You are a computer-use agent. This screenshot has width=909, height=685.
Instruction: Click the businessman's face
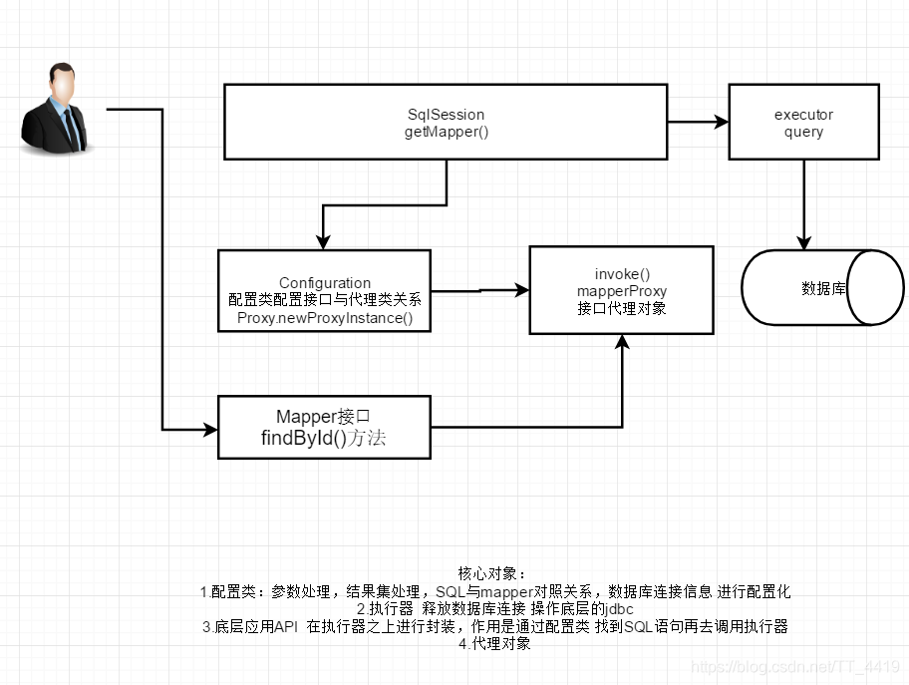tap(61, 88)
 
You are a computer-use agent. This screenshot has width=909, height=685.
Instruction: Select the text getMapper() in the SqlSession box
tap(447, 132)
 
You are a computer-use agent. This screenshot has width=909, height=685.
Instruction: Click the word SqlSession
tap(446, 115)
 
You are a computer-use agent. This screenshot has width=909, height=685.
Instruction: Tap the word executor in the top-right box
tap(803, 115)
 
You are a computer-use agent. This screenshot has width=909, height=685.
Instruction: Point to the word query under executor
tap(803, 132)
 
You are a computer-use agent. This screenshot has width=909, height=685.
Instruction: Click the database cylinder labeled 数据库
tap(822, 288)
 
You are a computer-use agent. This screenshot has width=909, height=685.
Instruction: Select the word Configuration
tap(325, 283)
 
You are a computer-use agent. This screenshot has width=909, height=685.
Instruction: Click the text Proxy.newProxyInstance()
tap(325, 318)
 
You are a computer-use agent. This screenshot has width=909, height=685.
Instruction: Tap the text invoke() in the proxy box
tap(622, 274)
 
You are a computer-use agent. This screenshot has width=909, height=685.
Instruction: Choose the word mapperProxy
tap(622, 291)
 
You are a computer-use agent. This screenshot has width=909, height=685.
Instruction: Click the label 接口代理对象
tap(622, 308)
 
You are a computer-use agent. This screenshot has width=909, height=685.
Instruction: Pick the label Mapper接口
tap(324, 417)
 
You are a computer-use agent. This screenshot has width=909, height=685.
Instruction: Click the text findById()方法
tap(323, 439)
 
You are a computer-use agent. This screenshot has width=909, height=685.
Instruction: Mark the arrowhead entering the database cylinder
tap(804, 242)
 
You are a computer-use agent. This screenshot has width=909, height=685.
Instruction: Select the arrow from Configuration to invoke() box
tap(479, 291)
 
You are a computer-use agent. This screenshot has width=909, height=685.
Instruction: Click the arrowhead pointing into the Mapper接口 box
tap(210, 430)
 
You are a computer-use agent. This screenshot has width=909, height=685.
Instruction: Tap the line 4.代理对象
tap(494, 644)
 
